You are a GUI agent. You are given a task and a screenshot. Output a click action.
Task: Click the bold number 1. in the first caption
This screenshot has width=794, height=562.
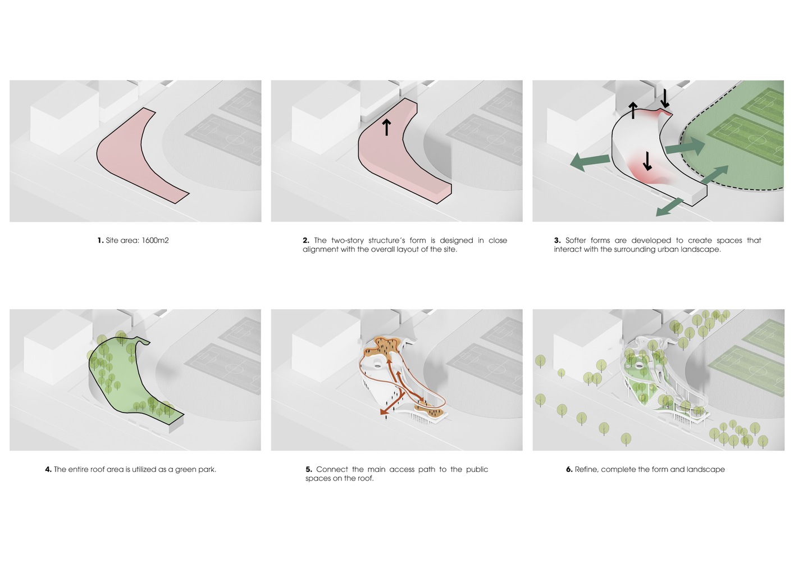[101, 241]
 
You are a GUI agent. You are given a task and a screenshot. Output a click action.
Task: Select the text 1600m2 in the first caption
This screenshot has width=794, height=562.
[155, 241]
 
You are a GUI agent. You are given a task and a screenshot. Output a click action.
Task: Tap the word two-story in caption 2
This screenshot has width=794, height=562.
[348, 241]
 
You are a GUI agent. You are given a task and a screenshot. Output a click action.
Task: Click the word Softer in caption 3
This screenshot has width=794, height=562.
[576, 241]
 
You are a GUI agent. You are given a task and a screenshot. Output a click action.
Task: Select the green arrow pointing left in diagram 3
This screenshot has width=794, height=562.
[590, 162]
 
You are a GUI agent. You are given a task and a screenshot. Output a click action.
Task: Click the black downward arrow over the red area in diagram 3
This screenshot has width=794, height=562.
[647, 161]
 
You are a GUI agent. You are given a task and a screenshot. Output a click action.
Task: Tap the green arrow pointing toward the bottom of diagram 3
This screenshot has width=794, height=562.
[669, 207]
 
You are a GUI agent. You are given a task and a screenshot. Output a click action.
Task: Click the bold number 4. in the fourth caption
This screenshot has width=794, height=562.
[48, 470]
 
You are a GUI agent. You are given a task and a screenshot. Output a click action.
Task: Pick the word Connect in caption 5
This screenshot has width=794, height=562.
[332, 469]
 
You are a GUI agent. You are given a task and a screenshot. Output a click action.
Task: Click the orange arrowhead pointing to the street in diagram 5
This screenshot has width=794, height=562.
[383, 411]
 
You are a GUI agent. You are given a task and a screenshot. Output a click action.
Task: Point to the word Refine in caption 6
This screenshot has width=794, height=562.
[586, 470]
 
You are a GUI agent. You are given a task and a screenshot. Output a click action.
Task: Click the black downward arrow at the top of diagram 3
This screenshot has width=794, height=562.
[665, 98]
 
